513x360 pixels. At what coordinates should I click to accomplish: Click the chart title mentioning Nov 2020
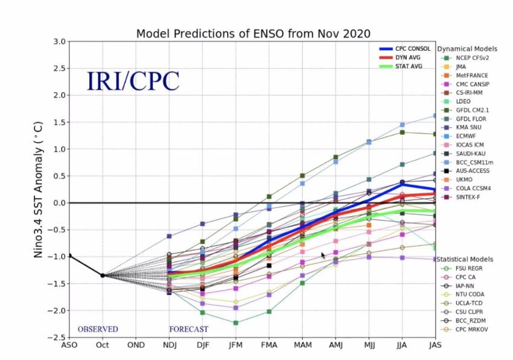click(x=253, y=33)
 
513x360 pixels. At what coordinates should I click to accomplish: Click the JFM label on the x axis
click(x=236, y=346)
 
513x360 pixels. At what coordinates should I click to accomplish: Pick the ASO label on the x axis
click(x=69, y=346)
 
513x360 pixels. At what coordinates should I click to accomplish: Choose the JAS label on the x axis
click(x=435, y=346)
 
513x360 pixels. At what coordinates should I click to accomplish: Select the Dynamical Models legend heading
click(x=467, y=48)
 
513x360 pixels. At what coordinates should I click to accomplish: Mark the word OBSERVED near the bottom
click(x=98, y=329)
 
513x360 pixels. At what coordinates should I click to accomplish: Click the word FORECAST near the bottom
click(x=189, y=329)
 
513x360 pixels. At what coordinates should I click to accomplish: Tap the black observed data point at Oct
click(x=102, y=275)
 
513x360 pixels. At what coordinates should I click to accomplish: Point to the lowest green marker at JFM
click(x=236, y=323)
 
